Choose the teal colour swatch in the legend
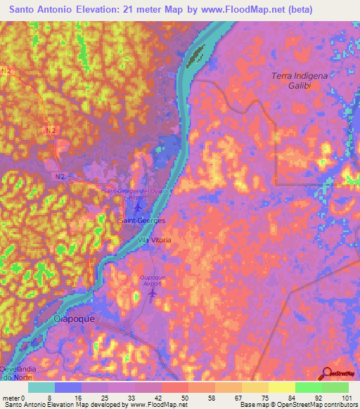click(x=41, y=387)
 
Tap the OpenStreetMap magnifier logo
click(x=327, y=374)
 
